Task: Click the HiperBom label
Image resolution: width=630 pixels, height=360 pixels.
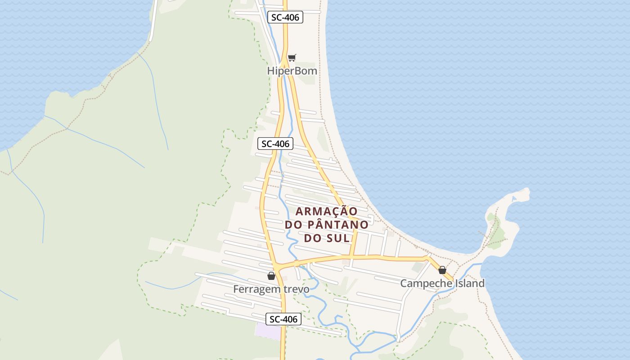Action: click(292, 71)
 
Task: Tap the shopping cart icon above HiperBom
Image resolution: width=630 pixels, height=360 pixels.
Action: click(292, 58)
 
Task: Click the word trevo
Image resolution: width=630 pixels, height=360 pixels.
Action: click(295, 289)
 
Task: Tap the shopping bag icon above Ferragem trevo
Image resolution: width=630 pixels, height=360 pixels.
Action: click(271, 276)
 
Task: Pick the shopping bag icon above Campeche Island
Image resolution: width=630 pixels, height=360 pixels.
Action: click(442, 270)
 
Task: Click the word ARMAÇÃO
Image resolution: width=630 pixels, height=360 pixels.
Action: click(326, 211)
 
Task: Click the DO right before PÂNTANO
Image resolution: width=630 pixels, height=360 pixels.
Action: click(295, 225)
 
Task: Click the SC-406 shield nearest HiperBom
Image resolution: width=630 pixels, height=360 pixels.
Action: click(285, 18)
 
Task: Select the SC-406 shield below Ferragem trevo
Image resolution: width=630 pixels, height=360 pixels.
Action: click(283, 319)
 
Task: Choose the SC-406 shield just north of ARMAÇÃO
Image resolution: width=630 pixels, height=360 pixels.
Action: click(275, 144)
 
